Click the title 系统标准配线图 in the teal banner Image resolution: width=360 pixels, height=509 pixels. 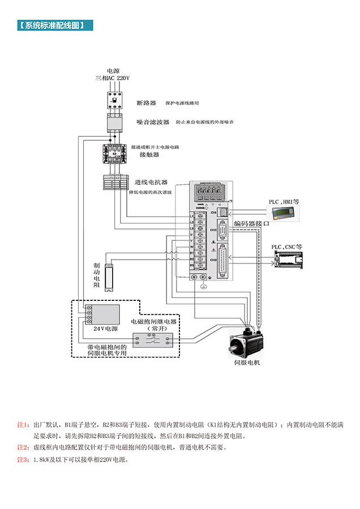pyautogui.click(x=54, y=25)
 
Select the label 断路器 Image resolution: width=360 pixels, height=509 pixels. pyautogui.click(x=146, y=103)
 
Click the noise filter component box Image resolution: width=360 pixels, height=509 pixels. pyautogui.click(x=115, y=122)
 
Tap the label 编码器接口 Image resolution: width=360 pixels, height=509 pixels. pyautogui.click(x=251, y=225)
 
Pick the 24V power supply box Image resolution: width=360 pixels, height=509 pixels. pyautogui.click(x=102, y=314)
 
